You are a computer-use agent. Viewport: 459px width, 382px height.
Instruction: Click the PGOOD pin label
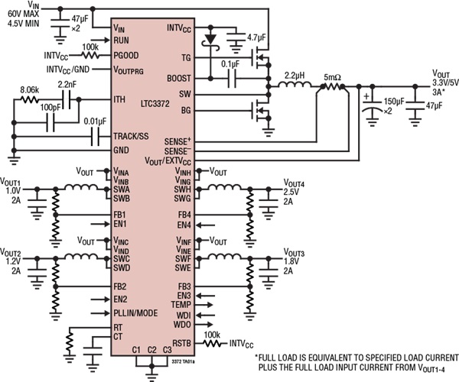coord(126,56)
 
